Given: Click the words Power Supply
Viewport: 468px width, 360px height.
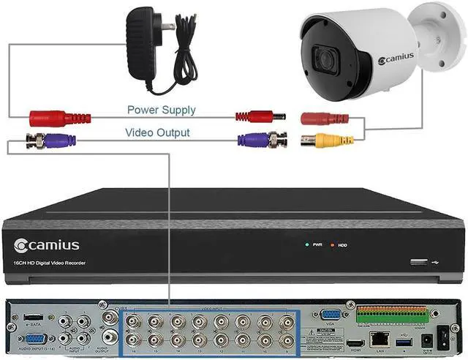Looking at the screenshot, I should (x=161, y=110).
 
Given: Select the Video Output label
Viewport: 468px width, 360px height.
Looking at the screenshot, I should (x=157, y=132).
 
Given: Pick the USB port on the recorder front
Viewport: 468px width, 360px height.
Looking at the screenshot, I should (x=418, y=261).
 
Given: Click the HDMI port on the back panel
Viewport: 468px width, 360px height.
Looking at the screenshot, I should (x=357, y=342).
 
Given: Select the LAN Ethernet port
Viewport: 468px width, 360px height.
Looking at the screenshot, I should (x=380, y=339).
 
